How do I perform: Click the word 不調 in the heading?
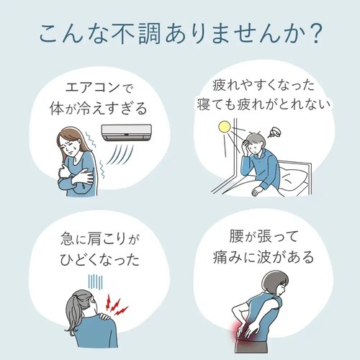pos(136,34)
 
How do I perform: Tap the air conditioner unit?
pos(126,132)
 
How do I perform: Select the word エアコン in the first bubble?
pos(92,88)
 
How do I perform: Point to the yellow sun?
pos(225,127)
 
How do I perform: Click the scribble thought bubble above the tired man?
pos(274,132)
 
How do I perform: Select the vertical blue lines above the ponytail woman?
pos(95,282)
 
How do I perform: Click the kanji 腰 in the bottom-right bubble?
pos(236,236)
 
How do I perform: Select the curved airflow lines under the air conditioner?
pos(120,153)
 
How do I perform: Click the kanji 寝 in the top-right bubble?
pos(204,105)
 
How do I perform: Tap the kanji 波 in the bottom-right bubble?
pos(264,257)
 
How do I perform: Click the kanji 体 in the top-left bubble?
pos(57,108)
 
